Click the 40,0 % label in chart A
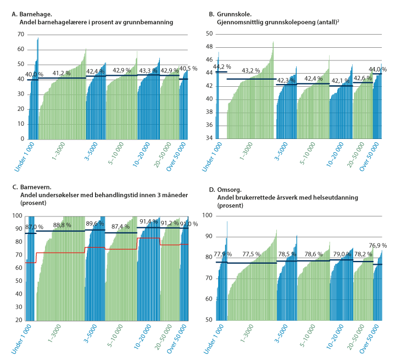[x=35, y=75]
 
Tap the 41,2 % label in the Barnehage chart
[x=62, y=73]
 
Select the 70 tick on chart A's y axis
[x=20, y=34]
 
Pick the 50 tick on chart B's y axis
[x=209, y=34]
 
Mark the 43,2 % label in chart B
[x=251, y=71]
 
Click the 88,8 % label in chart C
[x=62, y=225]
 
